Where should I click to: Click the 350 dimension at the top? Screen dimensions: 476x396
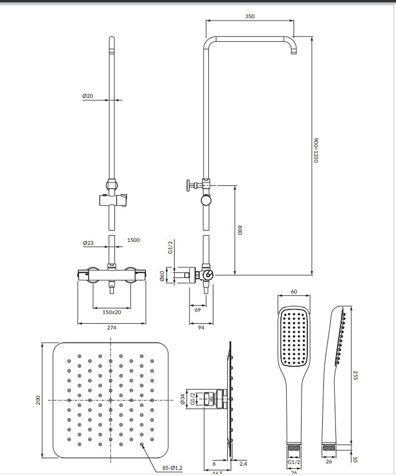250,17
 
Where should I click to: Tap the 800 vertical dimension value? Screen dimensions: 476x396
240,231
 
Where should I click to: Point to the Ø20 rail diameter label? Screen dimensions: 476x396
88,96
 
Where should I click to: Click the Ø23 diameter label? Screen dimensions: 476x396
88,243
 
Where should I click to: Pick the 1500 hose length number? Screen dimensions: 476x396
133,240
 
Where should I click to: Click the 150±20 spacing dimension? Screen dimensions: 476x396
112,312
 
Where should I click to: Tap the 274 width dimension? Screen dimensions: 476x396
112,328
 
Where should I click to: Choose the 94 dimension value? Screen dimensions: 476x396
201,328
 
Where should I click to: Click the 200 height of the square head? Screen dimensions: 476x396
38,400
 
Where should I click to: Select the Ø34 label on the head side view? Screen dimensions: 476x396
183,399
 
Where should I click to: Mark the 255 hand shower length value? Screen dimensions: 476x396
355,375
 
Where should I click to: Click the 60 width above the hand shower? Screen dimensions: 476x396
294,292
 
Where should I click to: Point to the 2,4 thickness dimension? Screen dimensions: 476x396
244,464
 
